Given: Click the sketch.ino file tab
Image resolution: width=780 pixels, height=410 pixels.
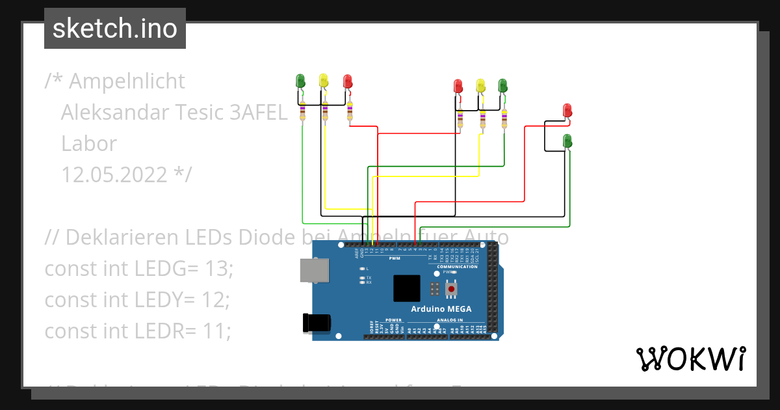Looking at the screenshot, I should point(115,29).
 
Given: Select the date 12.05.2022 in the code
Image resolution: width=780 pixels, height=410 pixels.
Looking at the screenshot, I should point(114,174).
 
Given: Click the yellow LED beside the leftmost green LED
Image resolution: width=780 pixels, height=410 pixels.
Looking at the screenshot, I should point(324,81).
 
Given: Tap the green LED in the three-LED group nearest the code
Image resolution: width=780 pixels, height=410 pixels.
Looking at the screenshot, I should point(300,81).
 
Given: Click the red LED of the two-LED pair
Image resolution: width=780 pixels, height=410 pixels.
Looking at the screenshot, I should point(567,109).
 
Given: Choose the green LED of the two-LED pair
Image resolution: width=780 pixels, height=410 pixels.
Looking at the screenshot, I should point(567,140).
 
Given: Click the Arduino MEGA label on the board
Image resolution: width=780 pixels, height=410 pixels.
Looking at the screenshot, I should point(441,308).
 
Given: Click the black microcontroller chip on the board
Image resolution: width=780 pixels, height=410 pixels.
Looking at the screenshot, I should point(407,288).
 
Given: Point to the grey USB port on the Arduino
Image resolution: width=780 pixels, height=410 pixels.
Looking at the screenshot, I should point(313,271).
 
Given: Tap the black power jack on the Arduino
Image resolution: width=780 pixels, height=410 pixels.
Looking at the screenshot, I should point(317,322).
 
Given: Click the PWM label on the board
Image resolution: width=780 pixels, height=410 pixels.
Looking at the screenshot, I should point(394,258).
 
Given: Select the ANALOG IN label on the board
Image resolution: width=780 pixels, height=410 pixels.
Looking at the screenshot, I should point(450,320).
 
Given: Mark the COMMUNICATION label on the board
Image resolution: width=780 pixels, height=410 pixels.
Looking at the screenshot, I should point(457,267).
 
